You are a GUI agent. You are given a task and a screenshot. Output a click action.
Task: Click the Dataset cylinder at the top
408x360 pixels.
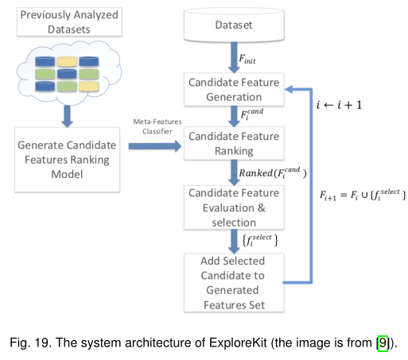point(234,25)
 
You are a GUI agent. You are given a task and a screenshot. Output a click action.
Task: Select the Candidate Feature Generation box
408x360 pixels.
point(234,90)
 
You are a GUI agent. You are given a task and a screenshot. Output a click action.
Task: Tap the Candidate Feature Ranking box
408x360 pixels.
point(234,143)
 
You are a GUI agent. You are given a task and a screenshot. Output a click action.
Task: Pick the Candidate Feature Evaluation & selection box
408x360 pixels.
point(234,207)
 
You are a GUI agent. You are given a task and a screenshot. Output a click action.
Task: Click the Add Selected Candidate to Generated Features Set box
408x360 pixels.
point(234,283)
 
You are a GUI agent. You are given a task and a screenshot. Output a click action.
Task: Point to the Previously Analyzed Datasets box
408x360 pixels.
point(69,21)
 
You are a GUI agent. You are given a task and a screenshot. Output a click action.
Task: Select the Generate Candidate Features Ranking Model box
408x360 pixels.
point(67,160)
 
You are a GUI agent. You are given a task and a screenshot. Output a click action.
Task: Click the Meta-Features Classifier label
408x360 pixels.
point(157,126)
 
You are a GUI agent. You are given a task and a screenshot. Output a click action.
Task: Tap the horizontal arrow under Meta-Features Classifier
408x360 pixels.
point(155,146)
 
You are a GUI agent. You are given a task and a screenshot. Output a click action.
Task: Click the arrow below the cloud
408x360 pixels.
point(67,116)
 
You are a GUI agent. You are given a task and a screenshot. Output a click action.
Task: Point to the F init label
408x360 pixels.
point(247,59)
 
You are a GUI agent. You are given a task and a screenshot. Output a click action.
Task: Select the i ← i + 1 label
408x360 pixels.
point(339,105)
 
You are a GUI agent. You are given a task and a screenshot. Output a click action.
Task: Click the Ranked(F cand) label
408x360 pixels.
point(273,172)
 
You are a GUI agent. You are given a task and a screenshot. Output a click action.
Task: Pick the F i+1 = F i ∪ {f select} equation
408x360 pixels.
point(363,195)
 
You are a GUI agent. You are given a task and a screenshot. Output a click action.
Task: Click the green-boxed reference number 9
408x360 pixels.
point(383,343)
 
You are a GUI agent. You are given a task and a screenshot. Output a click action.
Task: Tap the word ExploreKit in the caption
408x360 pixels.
point(238,343)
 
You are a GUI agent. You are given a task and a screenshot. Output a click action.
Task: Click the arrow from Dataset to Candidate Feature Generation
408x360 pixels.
point(234,57)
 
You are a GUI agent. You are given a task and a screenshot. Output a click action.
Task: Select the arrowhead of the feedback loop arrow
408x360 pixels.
point(289,89)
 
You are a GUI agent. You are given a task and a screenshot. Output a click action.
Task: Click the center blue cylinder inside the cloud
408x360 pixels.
point(67,74)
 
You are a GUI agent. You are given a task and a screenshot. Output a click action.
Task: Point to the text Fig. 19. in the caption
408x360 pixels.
point(29,343)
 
